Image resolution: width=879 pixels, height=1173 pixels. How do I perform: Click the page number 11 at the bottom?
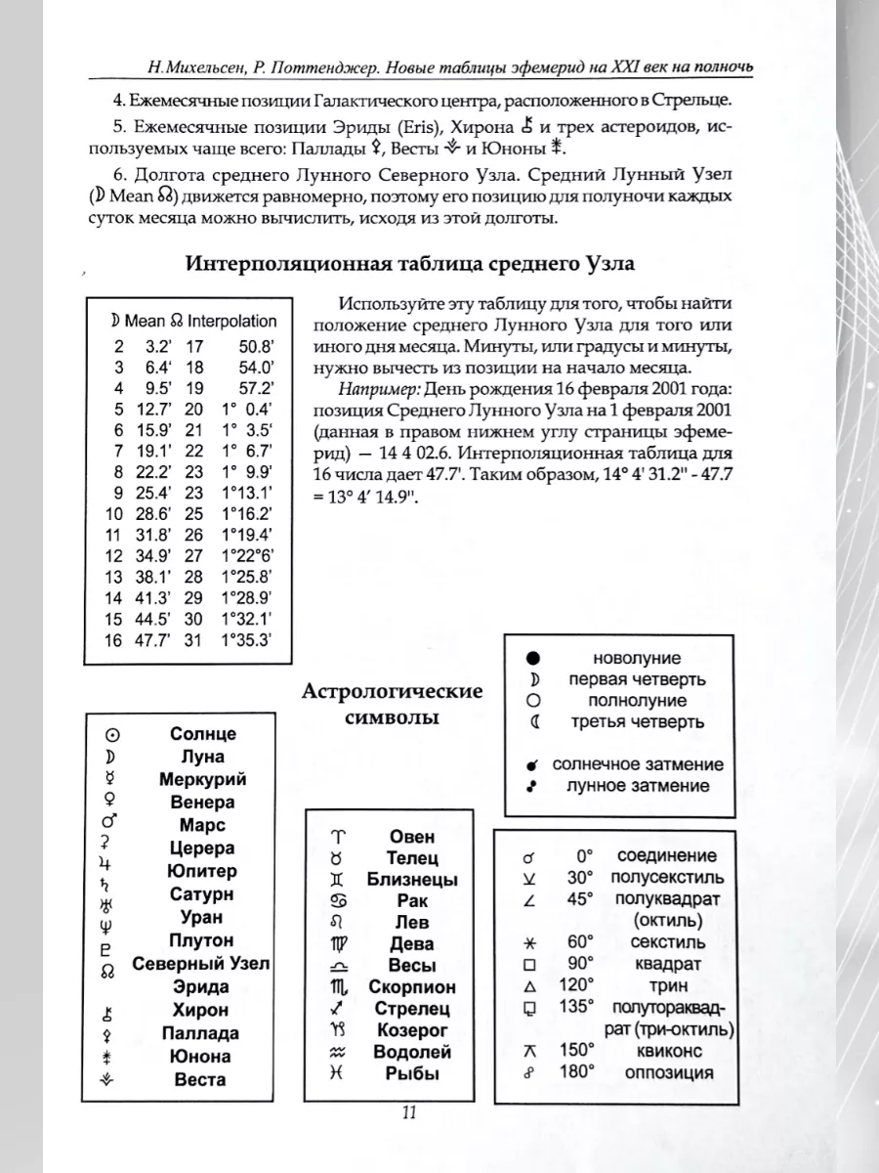click(x=409, y=1111)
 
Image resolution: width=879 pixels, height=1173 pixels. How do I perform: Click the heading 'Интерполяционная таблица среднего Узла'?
click(x=410, y=264)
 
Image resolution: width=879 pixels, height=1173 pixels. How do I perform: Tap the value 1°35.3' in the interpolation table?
click(x=245, y=640)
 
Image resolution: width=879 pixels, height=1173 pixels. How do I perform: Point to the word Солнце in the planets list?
click(x=202, y=733)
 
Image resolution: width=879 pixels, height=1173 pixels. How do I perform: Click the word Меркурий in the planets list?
click(x=202, y=779)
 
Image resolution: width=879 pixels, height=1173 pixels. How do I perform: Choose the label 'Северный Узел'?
click(x=202, y=963)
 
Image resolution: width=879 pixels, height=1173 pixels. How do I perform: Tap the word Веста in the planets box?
click(x=200, y=1079)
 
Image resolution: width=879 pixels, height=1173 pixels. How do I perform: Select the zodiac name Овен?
click(x=412, y=837)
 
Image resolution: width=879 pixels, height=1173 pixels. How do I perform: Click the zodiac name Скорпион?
click(x=412, y=986)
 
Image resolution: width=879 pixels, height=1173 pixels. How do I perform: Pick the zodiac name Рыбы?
click(x=412, y=1073)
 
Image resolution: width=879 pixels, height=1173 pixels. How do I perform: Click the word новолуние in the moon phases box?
click(x=637, y=658)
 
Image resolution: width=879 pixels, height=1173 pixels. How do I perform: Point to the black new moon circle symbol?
click(x=533, y=658)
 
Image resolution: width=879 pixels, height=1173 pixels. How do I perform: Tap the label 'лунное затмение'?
click(x=639, y=786)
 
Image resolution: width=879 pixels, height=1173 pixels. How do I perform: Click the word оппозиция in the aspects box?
click(x=668, y=1072)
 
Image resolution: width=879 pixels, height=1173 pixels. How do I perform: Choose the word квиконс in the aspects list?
click(x=668, y=1049)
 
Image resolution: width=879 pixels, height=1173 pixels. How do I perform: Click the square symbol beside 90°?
click(x=529, y=963)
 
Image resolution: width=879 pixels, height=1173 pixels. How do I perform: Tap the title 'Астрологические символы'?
click(x=393, y=705)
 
